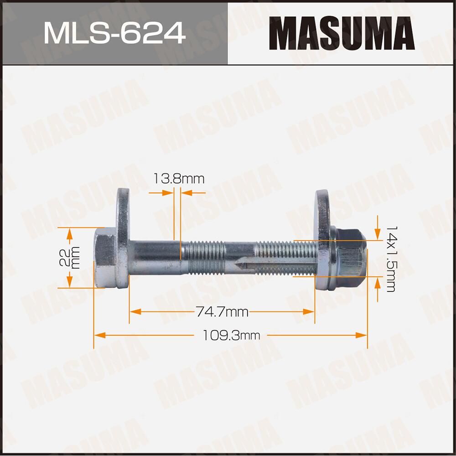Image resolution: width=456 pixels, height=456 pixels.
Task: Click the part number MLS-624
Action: click(114, 33)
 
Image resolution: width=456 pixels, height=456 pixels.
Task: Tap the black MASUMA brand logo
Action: click(342, 33)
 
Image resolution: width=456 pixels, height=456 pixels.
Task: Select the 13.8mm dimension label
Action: click(177, 179)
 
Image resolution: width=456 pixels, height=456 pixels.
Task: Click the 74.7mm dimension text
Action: click(222, 312)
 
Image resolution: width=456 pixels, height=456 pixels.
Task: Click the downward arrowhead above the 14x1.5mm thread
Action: click(377, 234)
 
